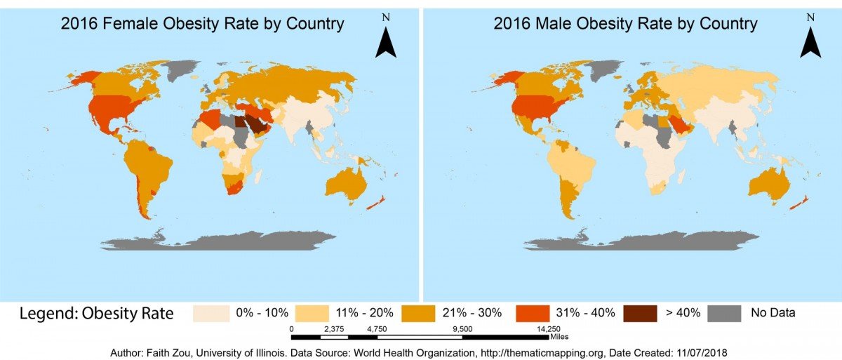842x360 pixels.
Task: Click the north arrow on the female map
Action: pos(385,43)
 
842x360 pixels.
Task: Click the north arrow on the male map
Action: pos(810,43)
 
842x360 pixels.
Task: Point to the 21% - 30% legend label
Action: pos(476,313)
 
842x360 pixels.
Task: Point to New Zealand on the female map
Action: pos(377,203)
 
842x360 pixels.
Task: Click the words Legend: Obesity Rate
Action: pos(96,314)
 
